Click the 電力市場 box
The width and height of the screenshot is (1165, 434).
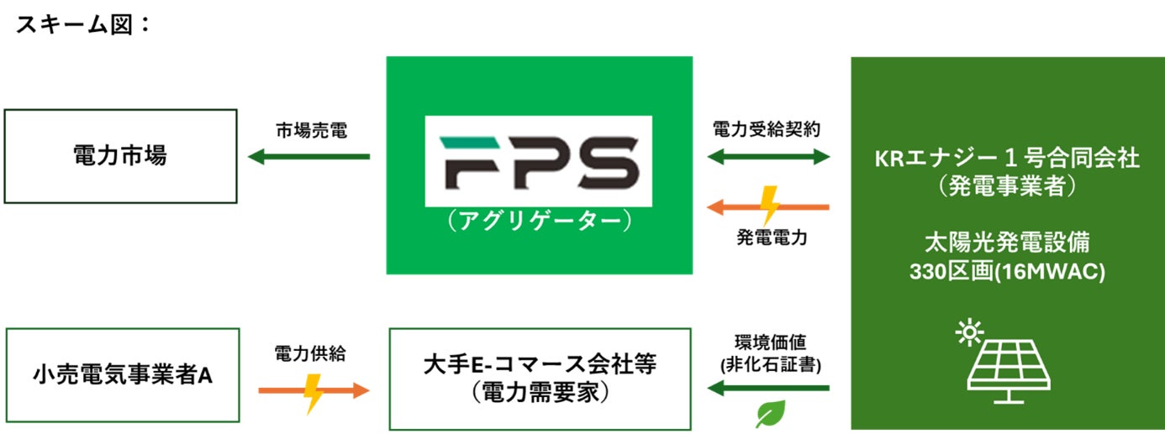pyautogui.click(x=120, y=156)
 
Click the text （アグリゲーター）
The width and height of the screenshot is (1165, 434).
pyautogui.click(x=539, y=221)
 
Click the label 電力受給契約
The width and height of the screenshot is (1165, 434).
pyautogui.click(x=767, y=130)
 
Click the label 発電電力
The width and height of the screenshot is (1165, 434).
pyautogui.click(x=772, y=238)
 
